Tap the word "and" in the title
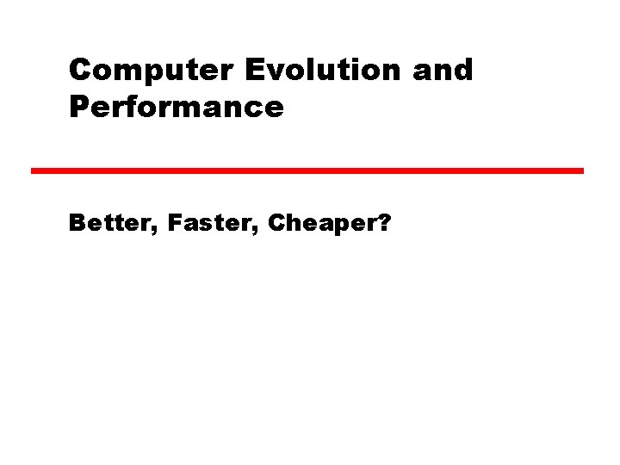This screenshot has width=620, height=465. coord(443,71)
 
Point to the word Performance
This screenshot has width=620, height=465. coord(177,108)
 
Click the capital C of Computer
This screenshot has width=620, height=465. coord(80,71)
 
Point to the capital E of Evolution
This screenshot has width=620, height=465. coord(255,71)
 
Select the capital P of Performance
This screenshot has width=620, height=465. coord(79,108)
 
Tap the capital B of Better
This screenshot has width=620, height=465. coord(77,225)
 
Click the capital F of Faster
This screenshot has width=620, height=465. coord(175,225)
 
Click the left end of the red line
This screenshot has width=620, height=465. coord(34,170)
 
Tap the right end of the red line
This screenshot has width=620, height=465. coord(581,170)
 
